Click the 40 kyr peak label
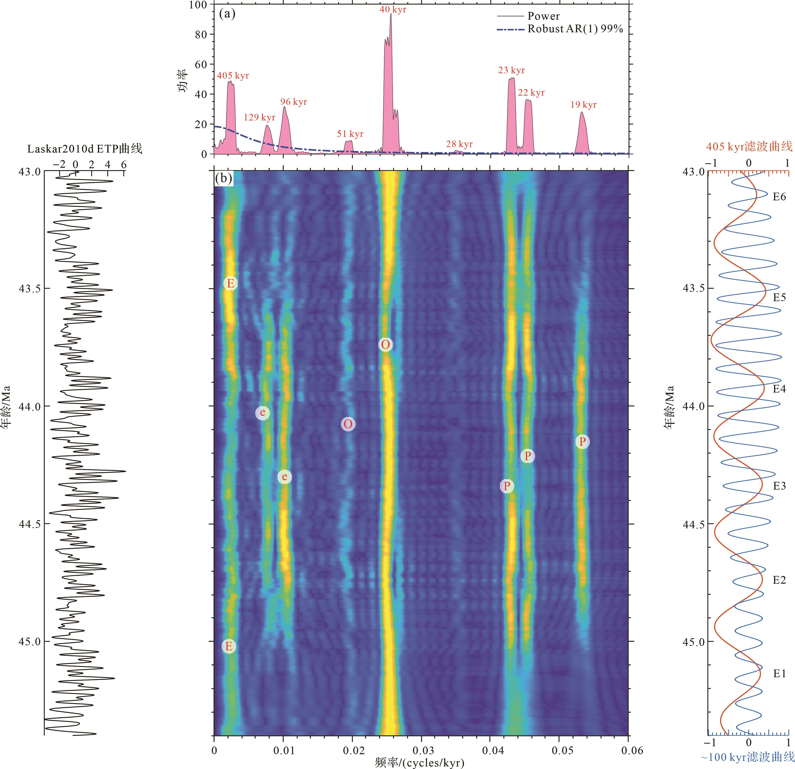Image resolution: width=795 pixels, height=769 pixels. click(x=393, y=9)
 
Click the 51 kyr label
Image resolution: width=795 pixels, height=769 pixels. click(x=350, y=134)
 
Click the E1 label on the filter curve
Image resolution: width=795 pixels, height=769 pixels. click(x=779, y=674)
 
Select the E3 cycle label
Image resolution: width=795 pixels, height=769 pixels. click(x=779, y=486)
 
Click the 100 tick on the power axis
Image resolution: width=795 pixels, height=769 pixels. click(x=198, y=5)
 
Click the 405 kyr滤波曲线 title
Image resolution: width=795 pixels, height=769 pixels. click(x=749, y=146)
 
